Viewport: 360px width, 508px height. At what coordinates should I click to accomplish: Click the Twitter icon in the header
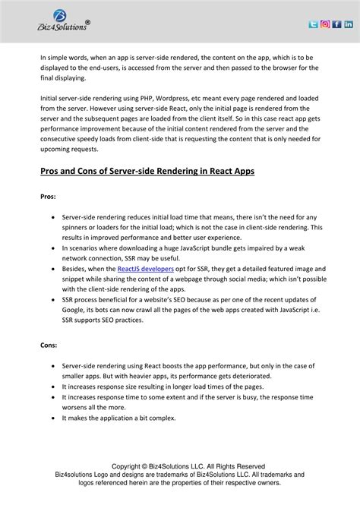click(314, 24)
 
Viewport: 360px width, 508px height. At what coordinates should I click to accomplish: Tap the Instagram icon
click(325, 24)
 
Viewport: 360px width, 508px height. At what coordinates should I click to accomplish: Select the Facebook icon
click(336, 24)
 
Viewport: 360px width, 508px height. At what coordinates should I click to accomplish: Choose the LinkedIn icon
click(349, 24)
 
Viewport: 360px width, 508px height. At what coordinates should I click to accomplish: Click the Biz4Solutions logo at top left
click(64, 21)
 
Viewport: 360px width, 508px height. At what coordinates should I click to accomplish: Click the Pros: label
click(48, 196)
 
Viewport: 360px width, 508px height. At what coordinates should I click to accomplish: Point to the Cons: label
click(49, 344)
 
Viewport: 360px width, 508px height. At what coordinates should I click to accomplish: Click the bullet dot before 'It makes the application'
click(52, 418)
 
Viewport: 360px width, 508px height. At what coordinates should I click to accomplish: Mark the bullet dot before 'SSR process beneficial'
click(52, 300)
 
